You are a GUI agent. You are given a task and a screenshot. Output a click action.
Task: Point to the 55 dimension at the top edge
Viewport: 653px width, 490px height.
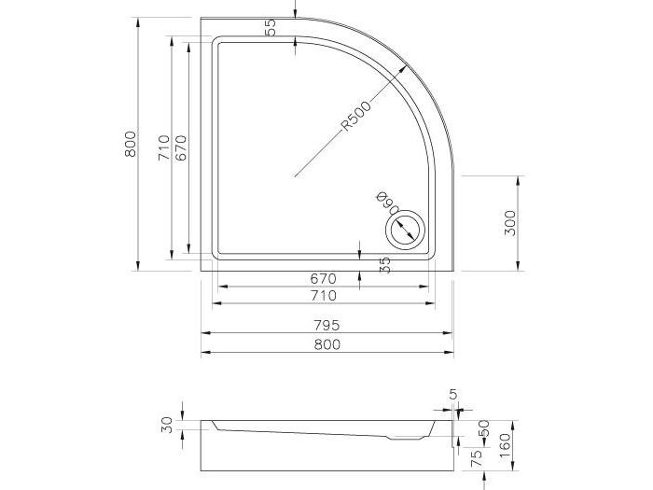click(x=271, y=27)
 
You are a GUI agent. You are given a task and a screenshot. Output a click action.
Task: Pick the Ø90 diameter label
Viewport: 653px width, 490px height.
click(x=384, y=203)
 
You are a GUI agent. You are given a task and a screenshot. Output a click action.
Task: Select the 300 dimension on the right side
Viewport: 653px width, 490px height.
click(x=509, y=223)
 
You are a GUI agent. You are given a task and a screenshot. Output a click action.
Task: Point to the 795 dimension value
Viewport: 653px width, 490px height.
click(x=326, y=325)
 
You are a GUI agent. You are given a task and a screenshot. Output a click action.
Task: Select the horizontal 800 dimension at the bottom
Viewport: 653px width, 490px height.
click(x=326, y=343)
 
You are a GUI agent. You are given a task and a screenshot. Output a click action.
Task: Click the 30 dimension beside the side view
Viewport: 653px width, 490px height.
click(x=166, y=425)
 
